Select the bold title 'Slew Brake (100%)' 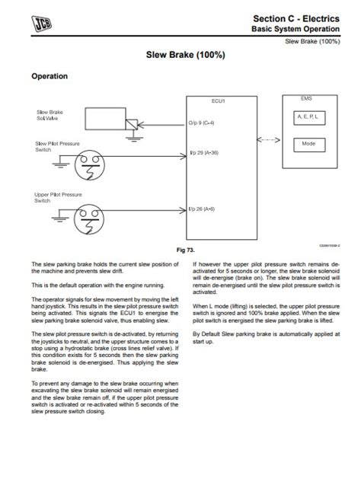180,56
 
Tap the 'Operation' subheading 49,76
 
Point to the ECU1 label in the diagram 218,100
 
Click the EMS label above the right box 307,98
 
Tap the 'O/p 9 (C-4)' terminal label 201,123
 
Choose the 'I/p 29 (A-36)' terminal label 203,152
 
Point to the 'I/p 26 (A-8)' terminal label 202,208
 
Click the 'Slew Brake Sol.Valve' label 50,116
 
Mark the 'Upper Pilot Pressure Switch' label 58,197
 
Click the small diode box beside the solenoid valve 133,124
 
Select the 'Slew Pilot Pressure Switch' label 56,145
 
